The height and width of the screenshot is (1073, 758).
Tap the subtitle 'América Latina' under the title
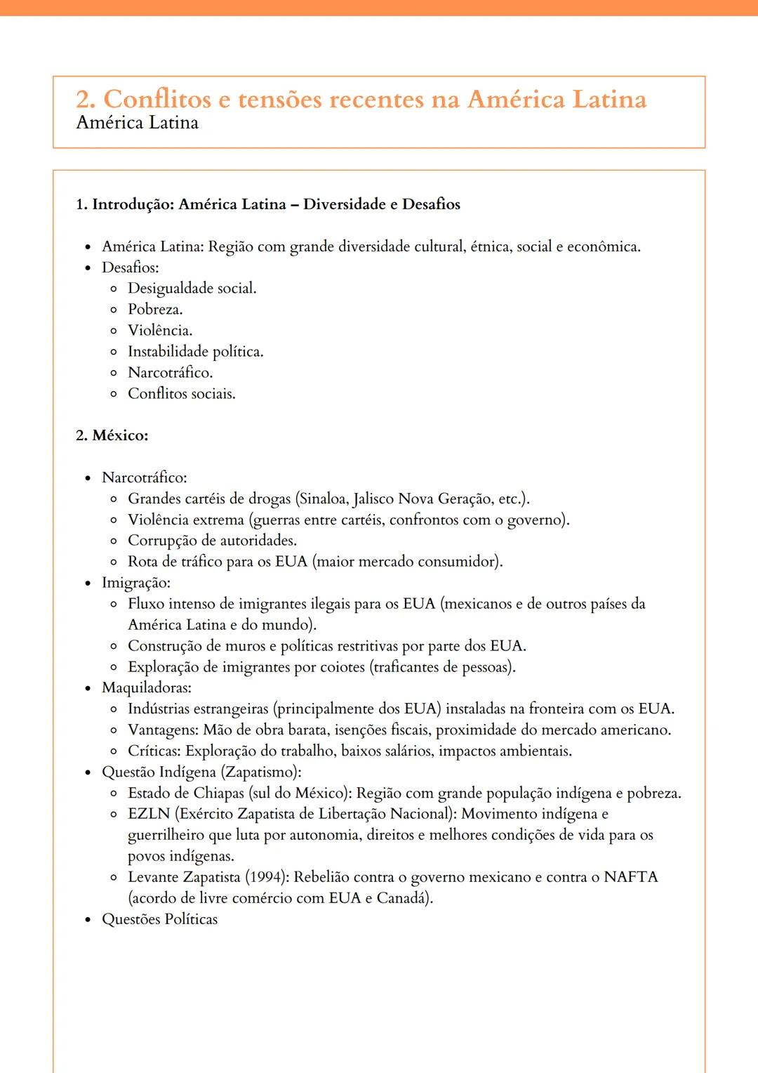click(x=138, y=123)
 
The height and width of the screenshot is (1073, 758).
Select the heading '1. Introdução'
click(x=267, y=204)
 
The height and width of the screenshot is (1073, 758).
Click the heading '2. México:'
click(x=112, y=435)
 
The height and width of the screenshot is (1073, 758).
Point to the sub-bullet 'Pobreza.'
click(x=155, y=310)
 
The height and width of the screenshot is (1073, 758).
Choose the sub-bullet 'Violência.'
click(x=160, y=331)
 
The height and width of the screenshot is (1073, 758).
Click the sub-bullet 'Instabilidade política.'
click(x=195, y=352)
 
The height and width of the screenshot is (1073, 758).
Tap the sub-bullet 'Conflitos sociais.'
click(x=181, y=394)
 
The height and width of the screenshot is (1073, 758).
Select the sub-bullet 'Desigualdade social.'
click(x=192, y=289)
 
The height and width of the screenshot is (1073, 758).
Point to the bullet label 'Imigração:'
click(x=136, y=583)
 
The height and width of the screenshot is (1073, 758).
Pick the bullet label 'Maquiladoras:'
click(x=147, y=688)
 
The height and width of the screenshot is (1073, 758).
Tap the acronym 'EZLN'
click(x=149, y=814)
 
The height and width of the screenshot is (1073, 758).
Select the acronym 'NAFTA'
click(x=630, y=877)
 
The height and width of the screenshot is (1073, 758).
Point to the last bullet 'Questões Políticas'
click(x=160, y=919)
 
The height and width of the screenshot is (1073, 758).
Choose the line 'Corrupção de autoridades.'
click(x=212, y=541)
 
